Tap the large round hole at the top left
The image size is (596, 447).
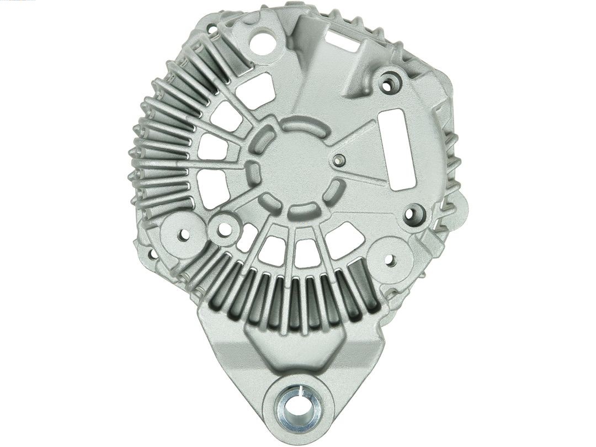(x=263, y=41)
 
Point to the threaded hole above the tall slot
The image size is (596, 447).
(x=390, y=83)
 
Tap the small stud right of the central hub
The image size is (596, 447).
(x=340, y=161)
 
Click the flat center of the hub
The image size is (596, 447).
(x=295, y=166)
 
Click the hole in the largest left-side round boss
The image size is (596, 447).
(x=184, y=235)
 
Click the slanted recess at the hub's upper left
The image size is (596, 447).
(x=264, y=138)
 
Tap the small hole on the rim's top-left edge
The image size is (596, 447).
(x=212, y=28)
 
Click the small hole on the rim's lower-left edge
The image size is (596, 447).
(x=152, y=256)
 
